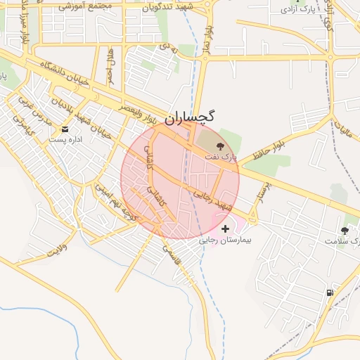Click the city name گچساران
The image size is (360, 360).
click(x=191, y=118)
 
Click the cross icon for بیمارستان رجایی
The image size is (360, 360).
click(x=225, y=229)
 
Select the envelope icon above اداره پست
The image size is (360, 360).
click(x=65, y=130)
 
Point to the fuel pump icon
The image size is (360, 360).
click(x=329, y=292)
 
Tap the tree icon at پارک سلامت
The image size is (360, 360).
click(x=345, y=231)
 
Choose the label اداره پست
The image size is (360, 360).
click(x=66, y=140)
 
